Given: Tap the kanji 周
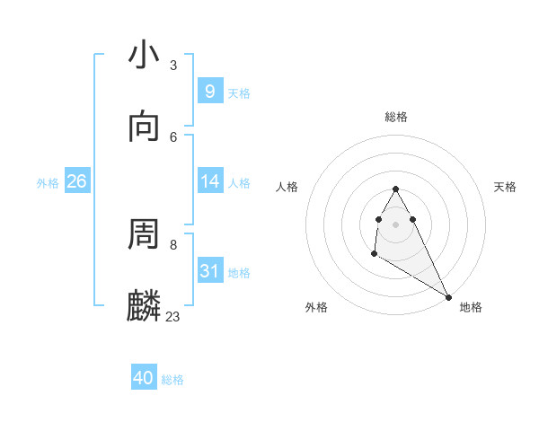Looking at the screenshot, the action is pyautogui.click(x=145, y=234).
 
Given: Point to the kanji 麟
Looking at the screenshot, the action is pyautogui.click(x=145, y=305).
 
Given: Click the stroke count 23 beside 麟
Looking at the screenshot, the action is pyautogui.click(x=173, y=316).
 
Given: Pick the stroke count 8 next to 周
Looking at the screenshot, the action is pyautogui.click(x=173, y=244).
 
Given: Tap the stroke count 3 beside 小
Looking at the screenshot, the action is pyautogui.click(x=173, y=65).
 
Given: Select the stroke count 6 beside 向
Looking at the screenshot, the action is pyautogui.click(x=173, y=136).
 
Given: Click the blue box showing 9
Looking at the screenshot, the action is pyautogui.click(x=209, y=92).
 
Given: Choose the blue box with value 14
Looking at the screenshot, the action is pyautogui.click(x=209, y=181).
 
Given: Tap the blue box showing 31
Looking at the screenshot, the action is pyautogui.click(x=209, y=271).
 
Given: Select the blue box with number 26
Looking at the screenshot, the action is pyautogui.click(x=76, y=181).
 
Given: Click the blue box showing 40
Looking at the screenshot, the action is pyautogui.click(x=144, y=378).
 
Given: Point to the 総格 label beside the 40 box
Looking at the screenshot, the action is pyautogui.click(x=172, y=380).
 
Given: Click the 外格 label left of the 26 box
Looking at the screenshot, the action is pyautogui.click(x=48, y=183).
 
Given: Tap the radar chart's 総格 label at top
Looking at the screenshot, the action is pyautogui.click(x=396, y=117).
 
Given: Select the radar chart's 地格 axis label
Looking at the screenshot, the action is pyautogui.click(x=471, y=307).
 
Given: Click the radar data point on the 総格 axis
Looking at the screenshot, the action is pyautogui.click(x=395, y=189).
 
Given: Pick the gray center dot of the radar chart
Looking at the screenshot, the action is pyautogui.click(x=395, y=224).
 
